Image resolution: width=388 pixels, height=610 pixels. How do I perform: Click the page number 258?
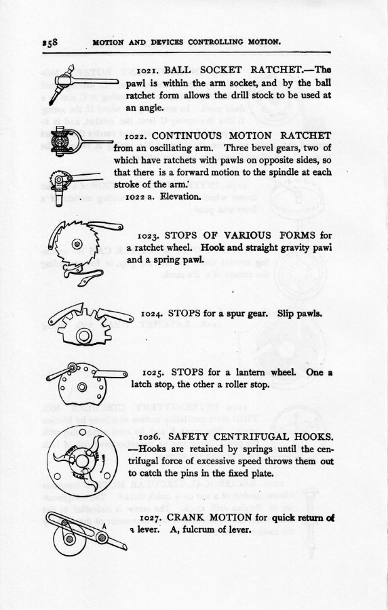point(50,42)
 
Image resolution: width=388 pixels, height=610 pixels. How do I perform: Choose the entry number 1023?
point(149,236)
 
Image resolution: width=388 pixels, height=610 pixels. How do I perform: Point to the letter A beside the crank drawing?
point(104,526)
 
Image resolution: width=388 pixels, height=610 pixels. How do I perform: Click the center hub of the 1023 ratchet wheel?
point(77,244)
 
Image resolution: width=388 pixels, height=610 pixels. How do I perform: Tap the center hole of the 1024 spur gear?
point(83,335)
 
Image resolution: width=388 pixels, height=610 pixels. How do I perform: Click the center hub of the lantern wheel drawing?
point(81,387)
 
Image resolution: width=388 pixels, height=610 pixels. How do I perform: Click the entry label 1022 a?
point(140,197)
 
